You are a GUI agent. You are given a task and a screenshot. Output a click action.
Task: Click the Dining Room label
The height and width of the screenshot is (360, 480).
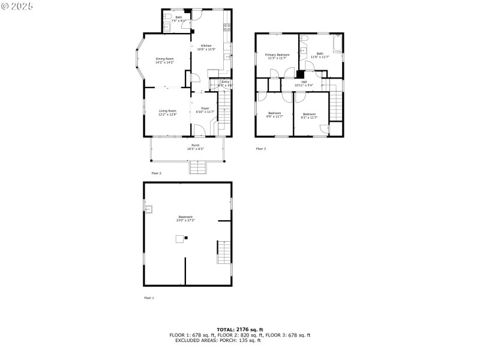[x=164, y=59]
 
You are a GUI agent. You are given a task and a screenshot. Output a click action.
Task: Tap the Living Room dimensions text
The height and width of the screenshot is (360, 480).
[x=167, y=114]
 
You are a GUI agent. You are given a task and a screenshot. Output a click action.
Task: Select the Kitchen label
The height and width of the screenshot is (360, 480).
[x=206, y=46]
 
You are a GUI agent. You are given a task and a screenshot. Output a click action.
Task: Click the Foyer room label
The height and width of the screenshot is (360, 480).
[x=205, y=108]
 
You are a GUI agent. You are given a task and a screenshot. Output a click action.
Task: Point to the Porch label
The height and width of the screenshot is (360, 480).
[x=196, y=145]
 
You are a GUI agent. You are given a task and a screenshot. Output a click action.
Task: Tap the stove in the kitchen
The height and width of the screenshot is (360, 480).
[x=227, y=26]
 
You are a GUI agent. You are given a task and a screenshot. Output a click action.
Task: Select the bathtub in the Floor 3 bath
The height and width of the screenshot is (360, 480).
[x=338, y=44]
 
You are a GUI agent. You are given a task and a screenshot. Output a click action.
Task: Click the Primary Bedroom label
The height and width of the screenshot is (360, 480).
[x=277, y=55]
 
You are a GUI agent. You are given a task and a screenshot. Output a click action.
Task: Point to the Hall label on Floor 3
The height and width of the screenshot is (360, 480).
[x=304, y=82]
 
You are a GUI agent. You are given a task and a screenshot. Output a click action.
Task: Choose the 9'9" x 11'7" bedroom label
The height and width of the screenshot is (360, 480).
[x=275, y=113]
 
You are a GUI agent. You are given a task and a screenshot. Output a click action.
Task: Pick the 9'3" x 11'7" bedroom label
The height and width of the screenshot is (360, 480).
[x=309, y=114]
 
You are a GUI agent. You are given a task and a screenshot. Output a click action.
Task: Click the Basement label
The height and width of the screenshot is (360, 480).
[x=185, y=217]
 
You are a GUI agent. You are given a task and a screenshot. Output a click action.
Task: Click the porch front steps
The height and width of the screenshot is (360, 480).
[x=198, y=168]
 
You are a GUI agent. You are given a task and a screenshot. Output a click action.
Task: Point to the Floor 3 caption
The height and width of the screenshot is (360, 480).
[x=260, y=148]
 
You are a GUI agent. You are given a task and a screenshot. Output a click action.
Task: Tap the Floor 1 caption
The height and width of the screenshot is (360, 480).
[x=149, y=298]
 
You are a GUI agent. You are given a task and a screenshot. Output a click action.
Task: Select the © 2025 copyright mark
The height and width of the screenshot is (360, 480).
[x=17, y=5]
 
